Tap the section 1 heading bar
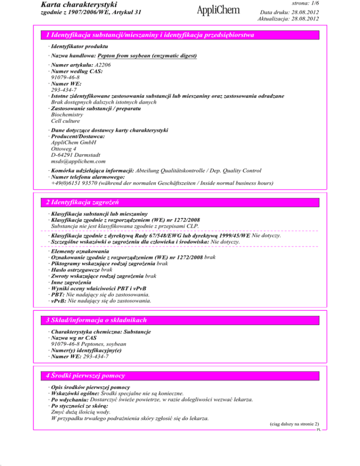coord(180,35)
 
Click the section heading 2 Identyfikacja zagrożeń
coord(83,202)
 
